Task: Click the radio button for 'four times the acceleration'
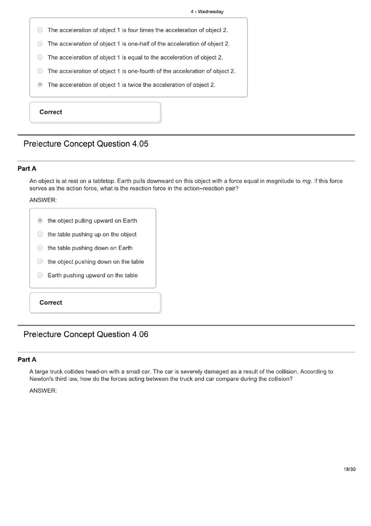coord(40,30)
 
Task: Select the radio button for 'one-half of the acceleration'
coord(40,43)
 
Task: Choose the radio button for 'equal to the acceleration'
coord(40,57)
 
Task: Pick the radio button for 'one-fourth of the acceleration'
coord(40,71)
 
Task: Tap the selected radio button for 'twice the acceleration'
coord(40,85)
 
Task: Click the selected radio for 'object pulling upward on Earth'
coord(40,221)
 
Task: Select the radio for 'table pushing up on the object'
coord(40,234)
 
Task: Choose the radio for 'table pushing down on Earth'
coord(40,248)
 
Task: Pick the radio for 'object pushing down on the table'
coord(40,262)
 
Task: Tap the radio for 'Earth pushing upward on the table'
coord(40,275)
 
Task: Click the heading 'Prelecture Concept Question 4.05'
coord(86,144)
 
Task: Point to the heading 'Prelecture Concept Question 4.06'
coord(86,334)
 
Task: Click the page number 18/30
coord(349,469)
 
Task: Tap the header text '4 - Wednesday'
coord(207,12)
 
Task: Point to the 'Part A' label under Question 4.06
coord(27,360)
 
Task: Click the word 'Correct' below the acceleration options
coord(51,112)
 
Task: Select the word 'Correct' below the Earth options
coord(51,303)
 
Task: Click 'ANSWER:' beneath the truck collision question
coord(43,391)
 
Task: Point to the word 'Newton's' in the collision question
coord(40,379)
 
